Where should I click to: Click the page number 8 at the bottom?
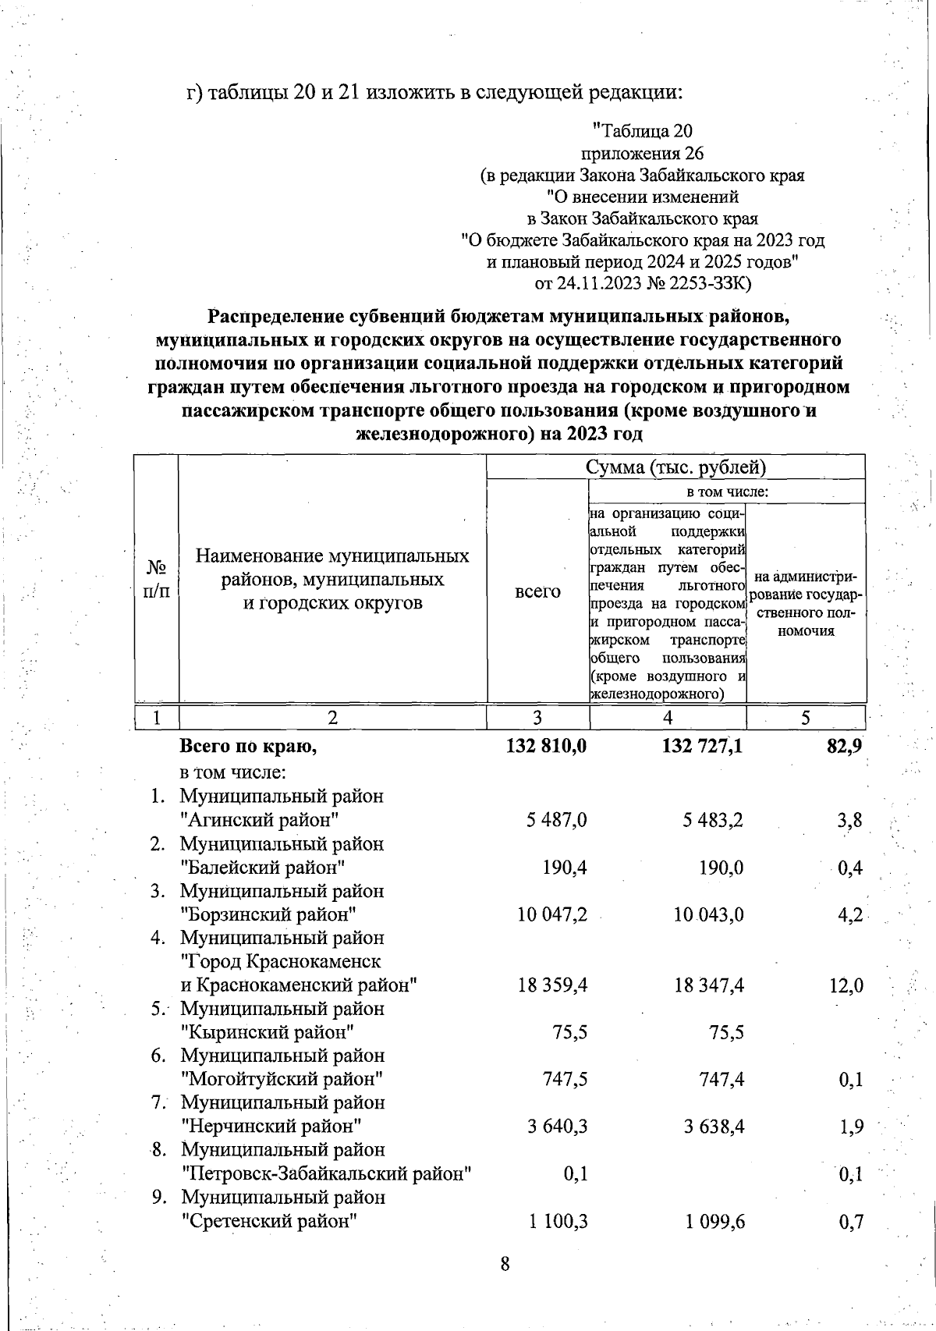point(505,1264)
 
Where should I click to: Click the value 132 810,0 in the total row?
point(546,747)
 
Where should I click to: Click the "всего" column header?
point(537,591)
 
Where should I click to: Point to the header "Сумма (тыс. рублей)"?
point(675,467)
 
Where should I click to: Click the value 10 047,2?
point(552,914)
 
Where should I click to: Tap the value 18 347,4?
point(709,985)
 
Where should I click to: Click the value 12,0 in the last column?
point(846,985)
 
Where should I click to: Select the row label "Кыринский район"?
point(268,1032)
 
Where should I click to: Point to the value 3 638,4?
point(713,1126)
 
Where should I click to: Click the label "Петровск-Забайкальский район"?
point(327,1173)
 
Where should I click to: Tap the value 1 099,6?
point(715,1221)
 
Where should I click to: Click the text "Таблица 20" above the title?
point(643,130)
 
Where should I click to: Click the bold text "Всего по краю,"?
point(248,747)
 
